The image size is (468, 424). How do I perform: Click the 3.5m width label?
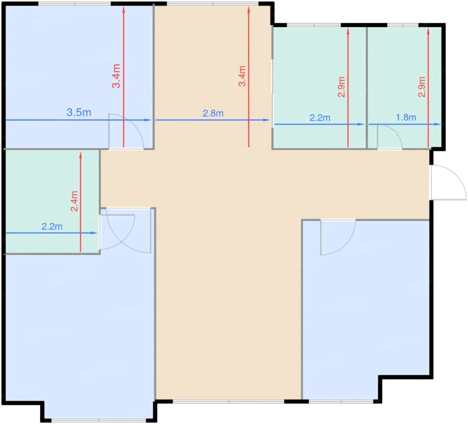[79, 112]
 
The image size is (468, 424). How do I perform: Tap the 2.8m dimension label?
[213, 113]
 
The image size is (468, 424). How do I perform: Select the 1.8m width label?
[406, 117]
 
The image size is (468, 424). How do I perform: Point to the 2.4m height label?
[74, 201]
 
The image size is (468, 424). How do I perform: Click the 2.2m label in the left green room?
[52, 226]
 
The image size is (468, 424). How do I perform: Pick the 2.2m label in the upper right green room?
[320, 118]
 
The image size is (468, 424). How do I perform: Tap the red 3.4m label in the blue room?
[116, 76]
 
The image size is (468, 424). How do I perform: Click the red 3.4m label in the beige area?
[242, 76]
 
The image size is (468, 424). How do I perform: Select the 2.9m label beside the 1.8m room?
[422, 87]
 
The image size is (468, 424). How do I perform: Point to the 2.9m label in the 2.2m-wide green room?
[341, 87]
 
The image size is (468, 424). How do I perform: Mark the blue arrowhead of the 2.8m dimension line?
[266, 120]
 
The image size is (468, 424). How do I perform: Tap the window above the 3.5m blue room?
[75, 3]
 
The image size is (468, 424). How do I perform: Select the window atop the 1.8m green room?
[402, 25]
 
